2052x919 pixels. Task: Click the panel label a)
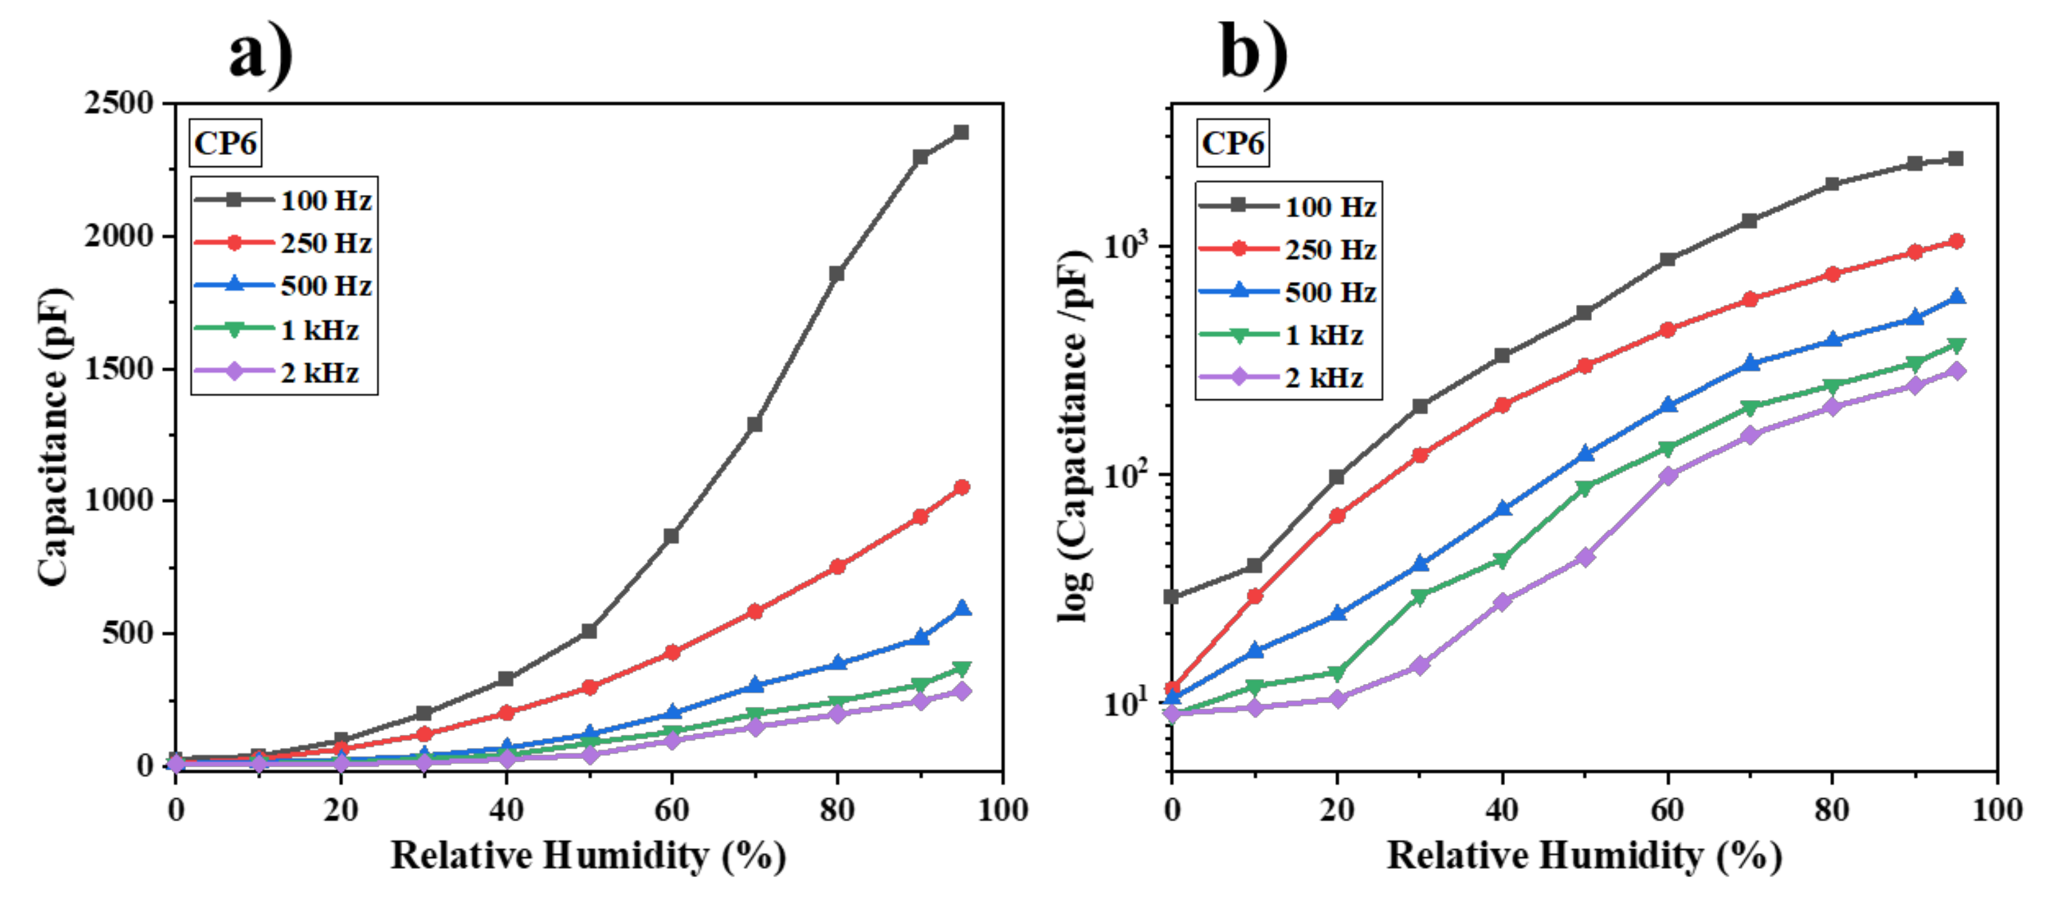click(261, 53)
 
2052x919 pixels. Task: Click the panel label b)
click(1254, 53)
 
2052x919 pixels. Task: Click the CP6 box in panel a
click(225, 144)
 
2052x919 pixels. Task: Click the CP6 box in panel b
click(1232, 144)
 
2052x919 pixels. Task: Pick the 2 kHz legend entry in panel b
click(1288, 377)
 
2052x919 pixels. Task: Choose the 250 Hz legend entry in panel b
click(1288, 250)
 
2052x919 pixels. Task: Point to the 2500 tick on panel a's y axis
click(119, 103)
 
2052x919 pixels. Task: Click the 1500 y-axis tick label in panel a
click(119, 369)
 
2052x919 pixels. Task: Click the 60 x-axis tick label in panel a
click(671, 810)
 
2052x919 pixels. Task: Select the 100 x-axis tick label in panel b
click(1996, 810)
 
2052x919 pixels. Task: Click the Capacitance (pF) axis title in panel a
click(54, 437)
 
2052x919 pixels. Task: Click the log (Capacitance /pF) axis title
click(1074, 437)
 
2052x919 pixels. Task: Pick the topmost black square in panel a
click(961, 132)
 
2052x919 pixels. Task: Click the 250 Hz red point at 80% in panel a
click(837, 567)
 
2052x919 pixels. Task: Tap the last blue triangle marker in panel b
click(1956, 297)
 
